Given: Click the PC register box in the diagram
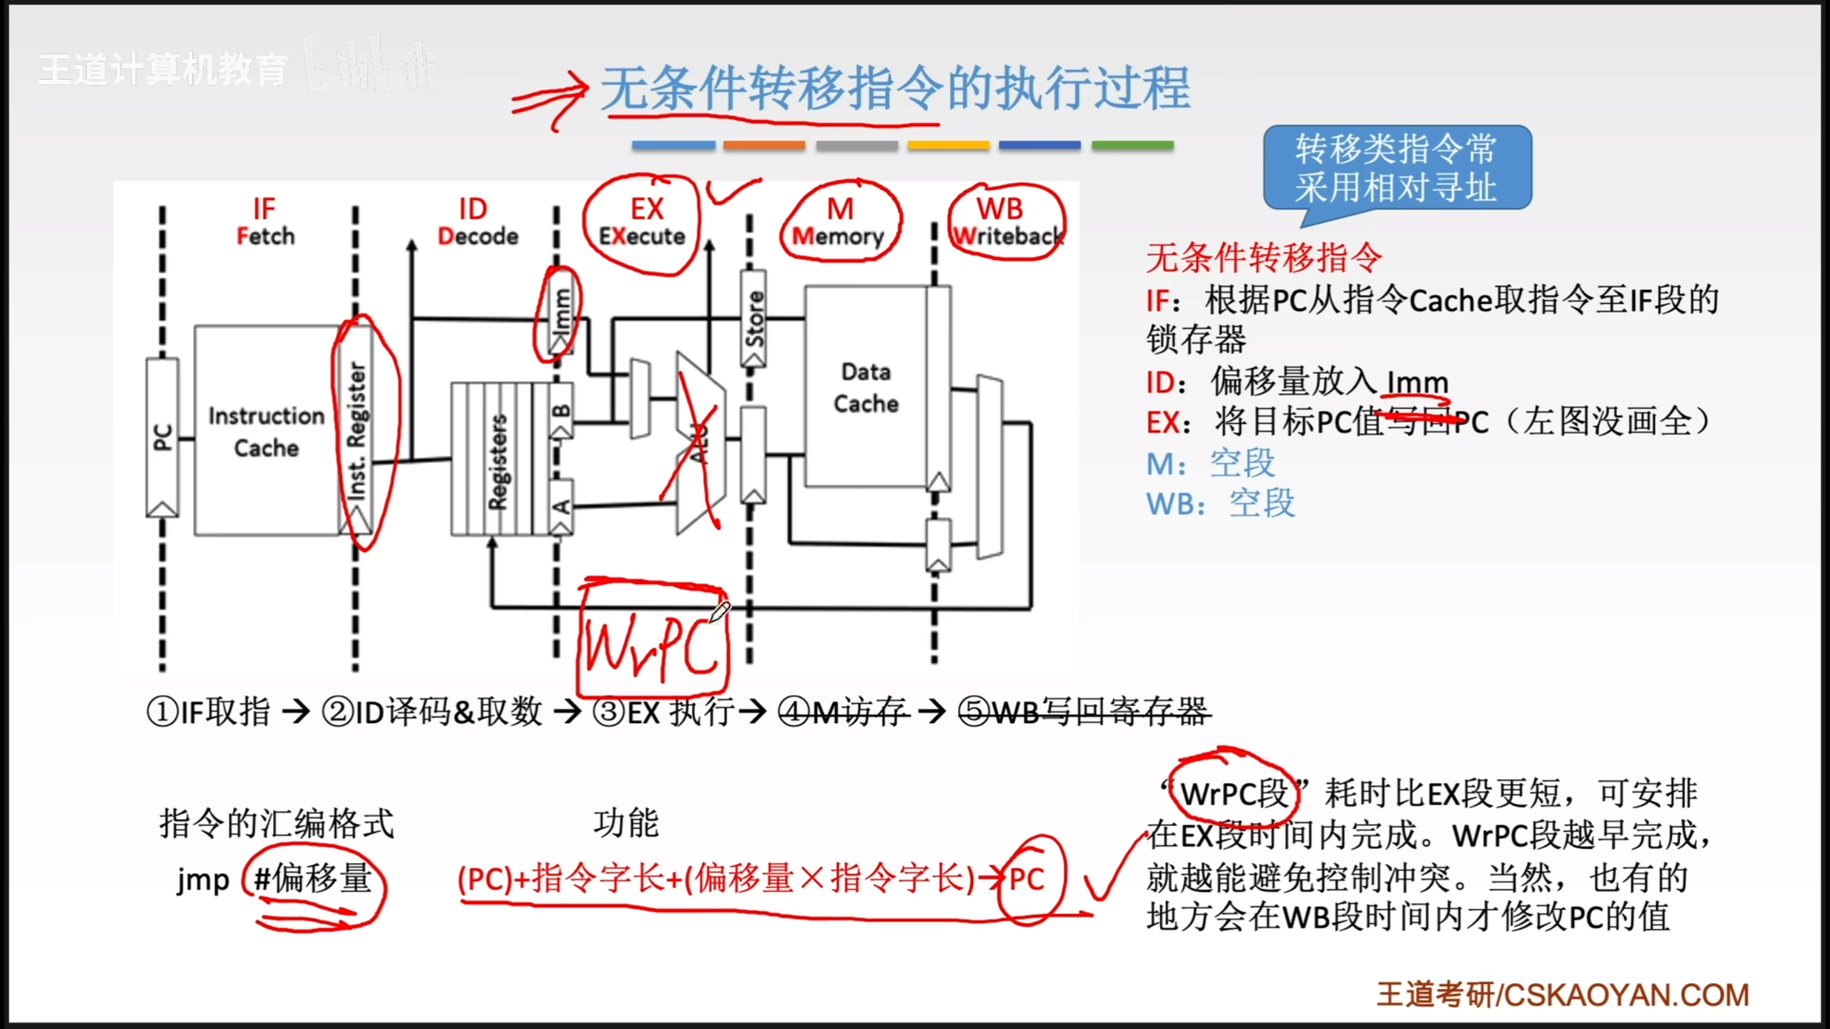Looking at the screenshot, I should [162, 436].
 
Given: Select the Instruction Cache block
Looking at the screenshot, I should [266, 431].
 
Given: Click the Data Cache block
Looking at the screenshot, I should [866, 387].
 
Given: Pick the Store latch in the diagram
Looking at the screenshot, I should [753, 319].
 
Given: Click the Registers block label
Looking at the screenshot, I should [498, 462].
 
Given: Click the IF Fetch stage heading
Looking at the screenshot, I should [264, 222].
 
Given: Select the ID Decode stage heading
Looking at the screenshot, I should [477, 222].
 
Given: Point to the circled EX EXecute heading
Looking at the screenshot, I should [643, 222].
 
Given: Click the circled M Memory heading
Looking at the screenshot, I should [839, 222].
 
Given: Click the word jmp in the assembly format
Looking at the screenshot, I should [203, 880].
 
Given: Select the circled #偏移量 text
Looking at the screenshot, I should [313, 878].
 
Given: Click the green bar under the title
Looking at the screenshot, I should [1132, 145].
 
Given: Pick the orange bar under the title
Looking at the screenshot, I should [763, 145].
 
